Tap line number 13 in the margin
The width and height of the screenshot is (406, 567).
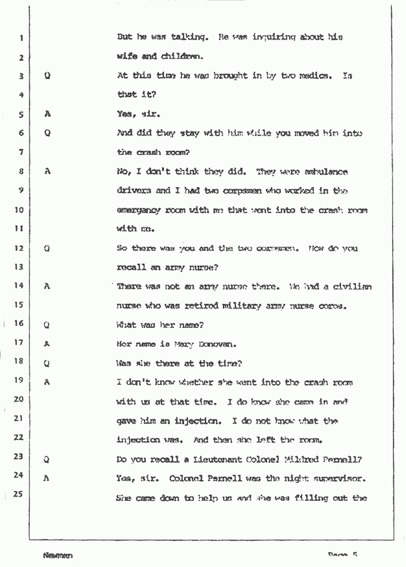tap(19, 267)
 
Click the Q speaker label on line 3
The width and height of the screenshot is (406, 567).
tap(47, 76)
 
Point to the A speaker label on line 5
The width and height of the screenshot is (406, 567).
tap(47, 114)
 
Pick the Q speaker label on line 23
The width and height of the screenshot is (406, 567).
tap(47, 459)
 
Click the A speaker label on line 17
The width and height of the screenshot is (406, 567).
tap(47, 344)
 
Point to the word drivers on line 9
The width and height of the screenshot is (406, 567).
tap(134, 191)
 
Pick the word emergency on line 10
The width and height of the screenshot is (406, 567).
tap(139, 210)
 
